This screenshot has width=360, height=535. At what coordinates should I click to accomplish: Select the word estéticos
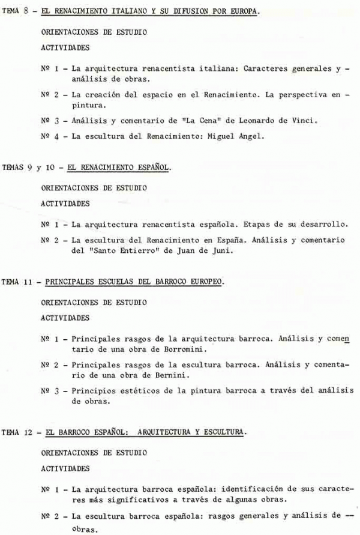pos(135,391)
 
